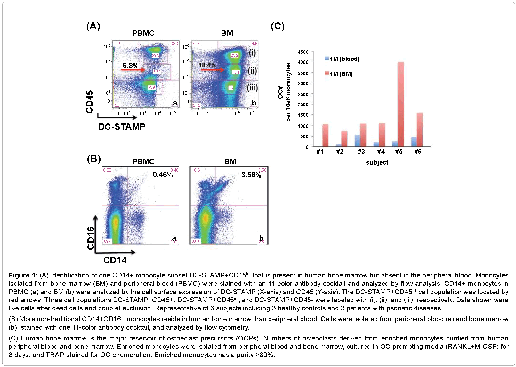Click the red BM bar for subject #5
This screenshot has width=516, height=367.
(400, 104)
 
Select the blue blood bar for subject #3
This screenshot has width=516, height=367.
(357, 141)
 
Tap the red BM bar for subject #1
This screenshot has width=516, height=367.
(325, 135)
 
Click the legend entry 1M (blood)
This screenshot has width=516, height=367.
(342, 59)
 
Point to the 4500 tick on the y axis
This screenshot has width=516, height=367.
(303, 52)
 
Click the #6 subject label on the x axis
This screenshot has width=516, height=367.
(418, 152)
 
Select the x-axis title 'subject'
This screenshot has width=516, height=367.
(377, 162)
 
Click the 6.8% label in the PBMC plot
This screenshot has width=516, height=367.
(130, 66)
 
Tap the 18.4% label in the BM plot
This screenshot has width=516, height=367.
(207, 65)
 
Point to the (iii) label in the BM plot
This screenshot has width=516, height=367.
(252, 87)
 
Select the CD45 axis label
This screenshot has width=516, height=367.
(90, 102)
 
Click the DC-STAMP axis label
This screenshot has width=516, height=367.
(122, 127)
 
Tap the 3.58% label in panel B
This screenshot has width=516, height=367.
(251, 175)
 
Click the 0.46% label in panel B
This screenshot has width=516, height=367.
(163, 175)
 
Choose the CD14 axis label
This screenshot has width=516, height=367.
(115, 260)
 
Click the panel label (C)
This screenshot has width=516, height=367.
(278, 26)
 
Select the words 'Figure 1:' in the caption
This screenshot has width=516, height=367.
(23, 275)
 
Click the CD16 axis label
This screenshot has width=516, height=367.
(91, 238)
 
